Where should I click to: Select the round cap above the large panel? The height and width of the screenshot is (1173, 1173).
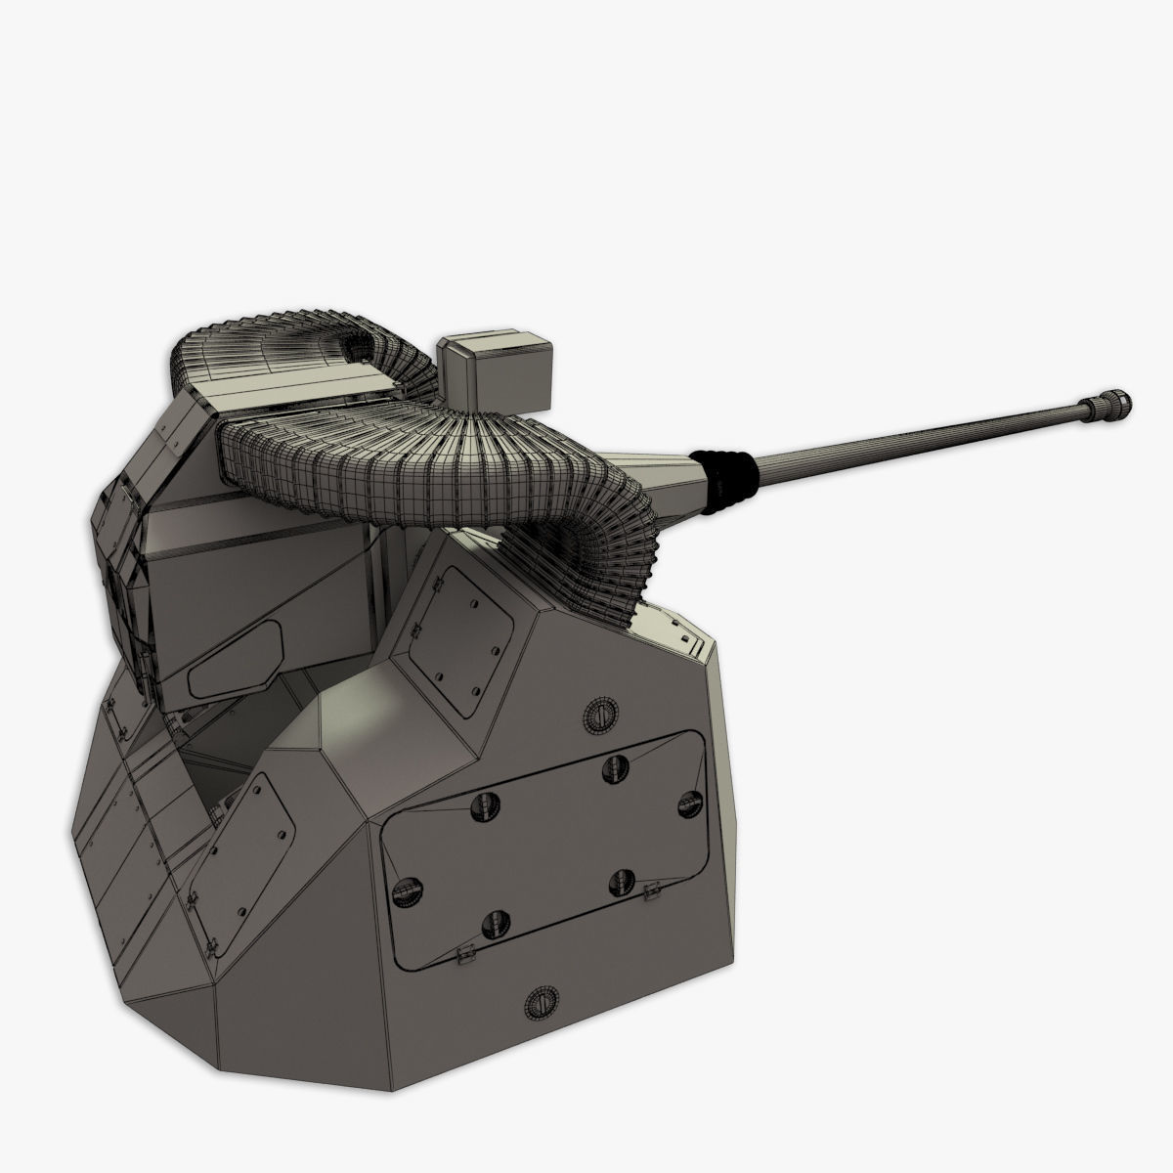(597, 717)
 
